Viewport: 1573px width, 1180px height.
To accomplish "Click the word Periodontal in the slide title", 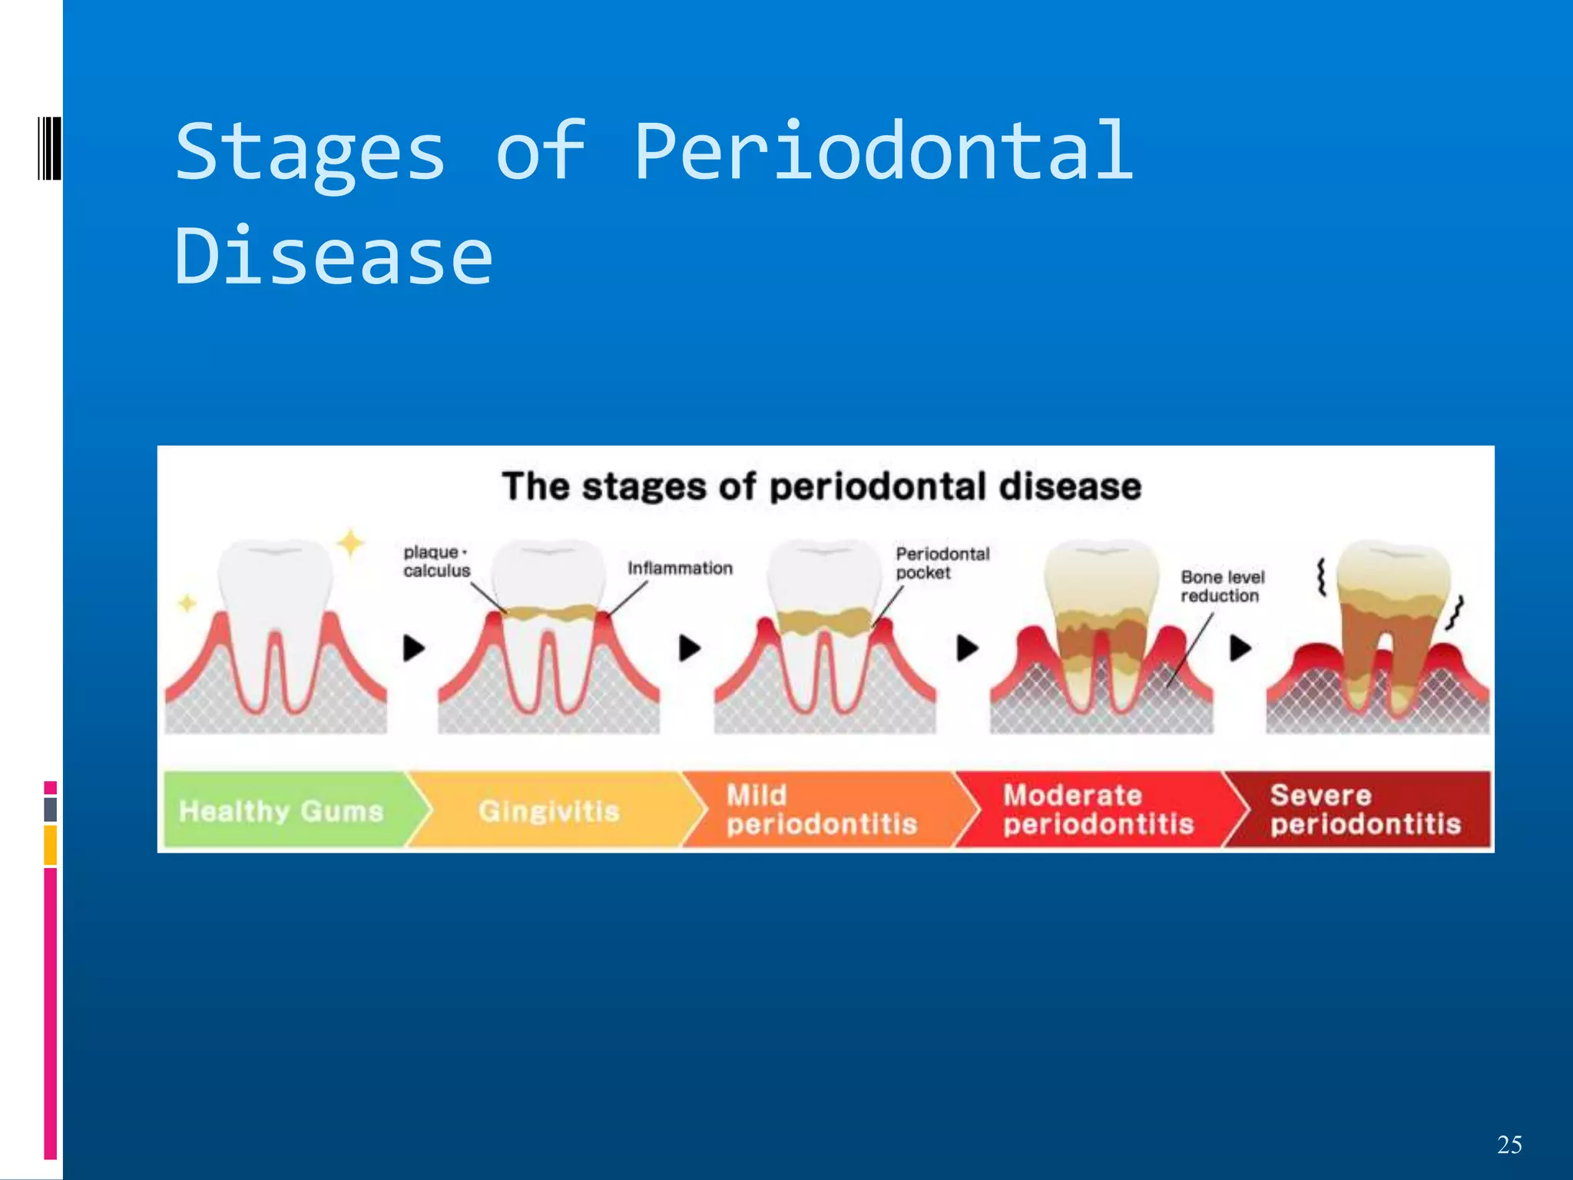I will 883,152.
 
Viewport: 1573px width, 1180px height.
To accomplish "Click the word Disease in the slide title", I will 333,257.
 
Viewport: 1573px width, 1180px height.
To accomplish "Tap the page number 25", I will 1509,1145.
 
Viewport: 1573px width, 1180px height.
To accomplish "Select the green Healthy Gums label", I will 281,811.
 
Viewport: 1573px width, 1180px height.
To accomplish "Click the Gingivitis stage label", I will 548,811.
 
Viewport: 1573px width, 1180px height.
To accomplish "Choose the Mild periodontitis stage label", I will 822,810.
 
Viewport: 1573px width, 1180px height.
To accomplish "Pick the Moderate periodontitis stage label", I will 1098,810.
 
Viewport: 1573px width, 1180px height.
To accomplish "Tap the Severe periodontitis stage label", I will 1364,810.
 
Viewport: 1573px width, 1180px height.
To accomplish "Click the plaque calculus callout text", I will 436,562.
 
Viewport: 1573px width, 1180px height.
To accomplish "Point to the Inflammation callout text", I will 680,568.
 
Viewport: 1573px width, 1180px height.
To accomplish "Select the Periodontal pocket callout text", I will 942,563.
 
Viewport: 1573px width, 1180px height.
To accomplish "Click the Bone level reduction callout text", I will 1222,586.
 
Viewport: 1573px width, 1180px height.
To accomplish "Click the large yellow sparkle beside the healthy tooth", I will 351,543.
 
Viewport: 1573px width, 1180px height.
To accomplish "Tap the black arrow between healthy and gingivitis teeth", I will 414,648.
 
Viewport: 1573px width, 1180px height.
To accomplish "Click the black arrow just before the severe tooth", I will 1240,648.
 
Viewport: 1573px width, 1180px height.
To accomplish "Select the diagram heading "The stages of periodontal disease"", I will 822,487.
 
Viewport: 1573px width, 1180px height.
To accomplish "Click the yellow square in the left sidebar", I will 51,845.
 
